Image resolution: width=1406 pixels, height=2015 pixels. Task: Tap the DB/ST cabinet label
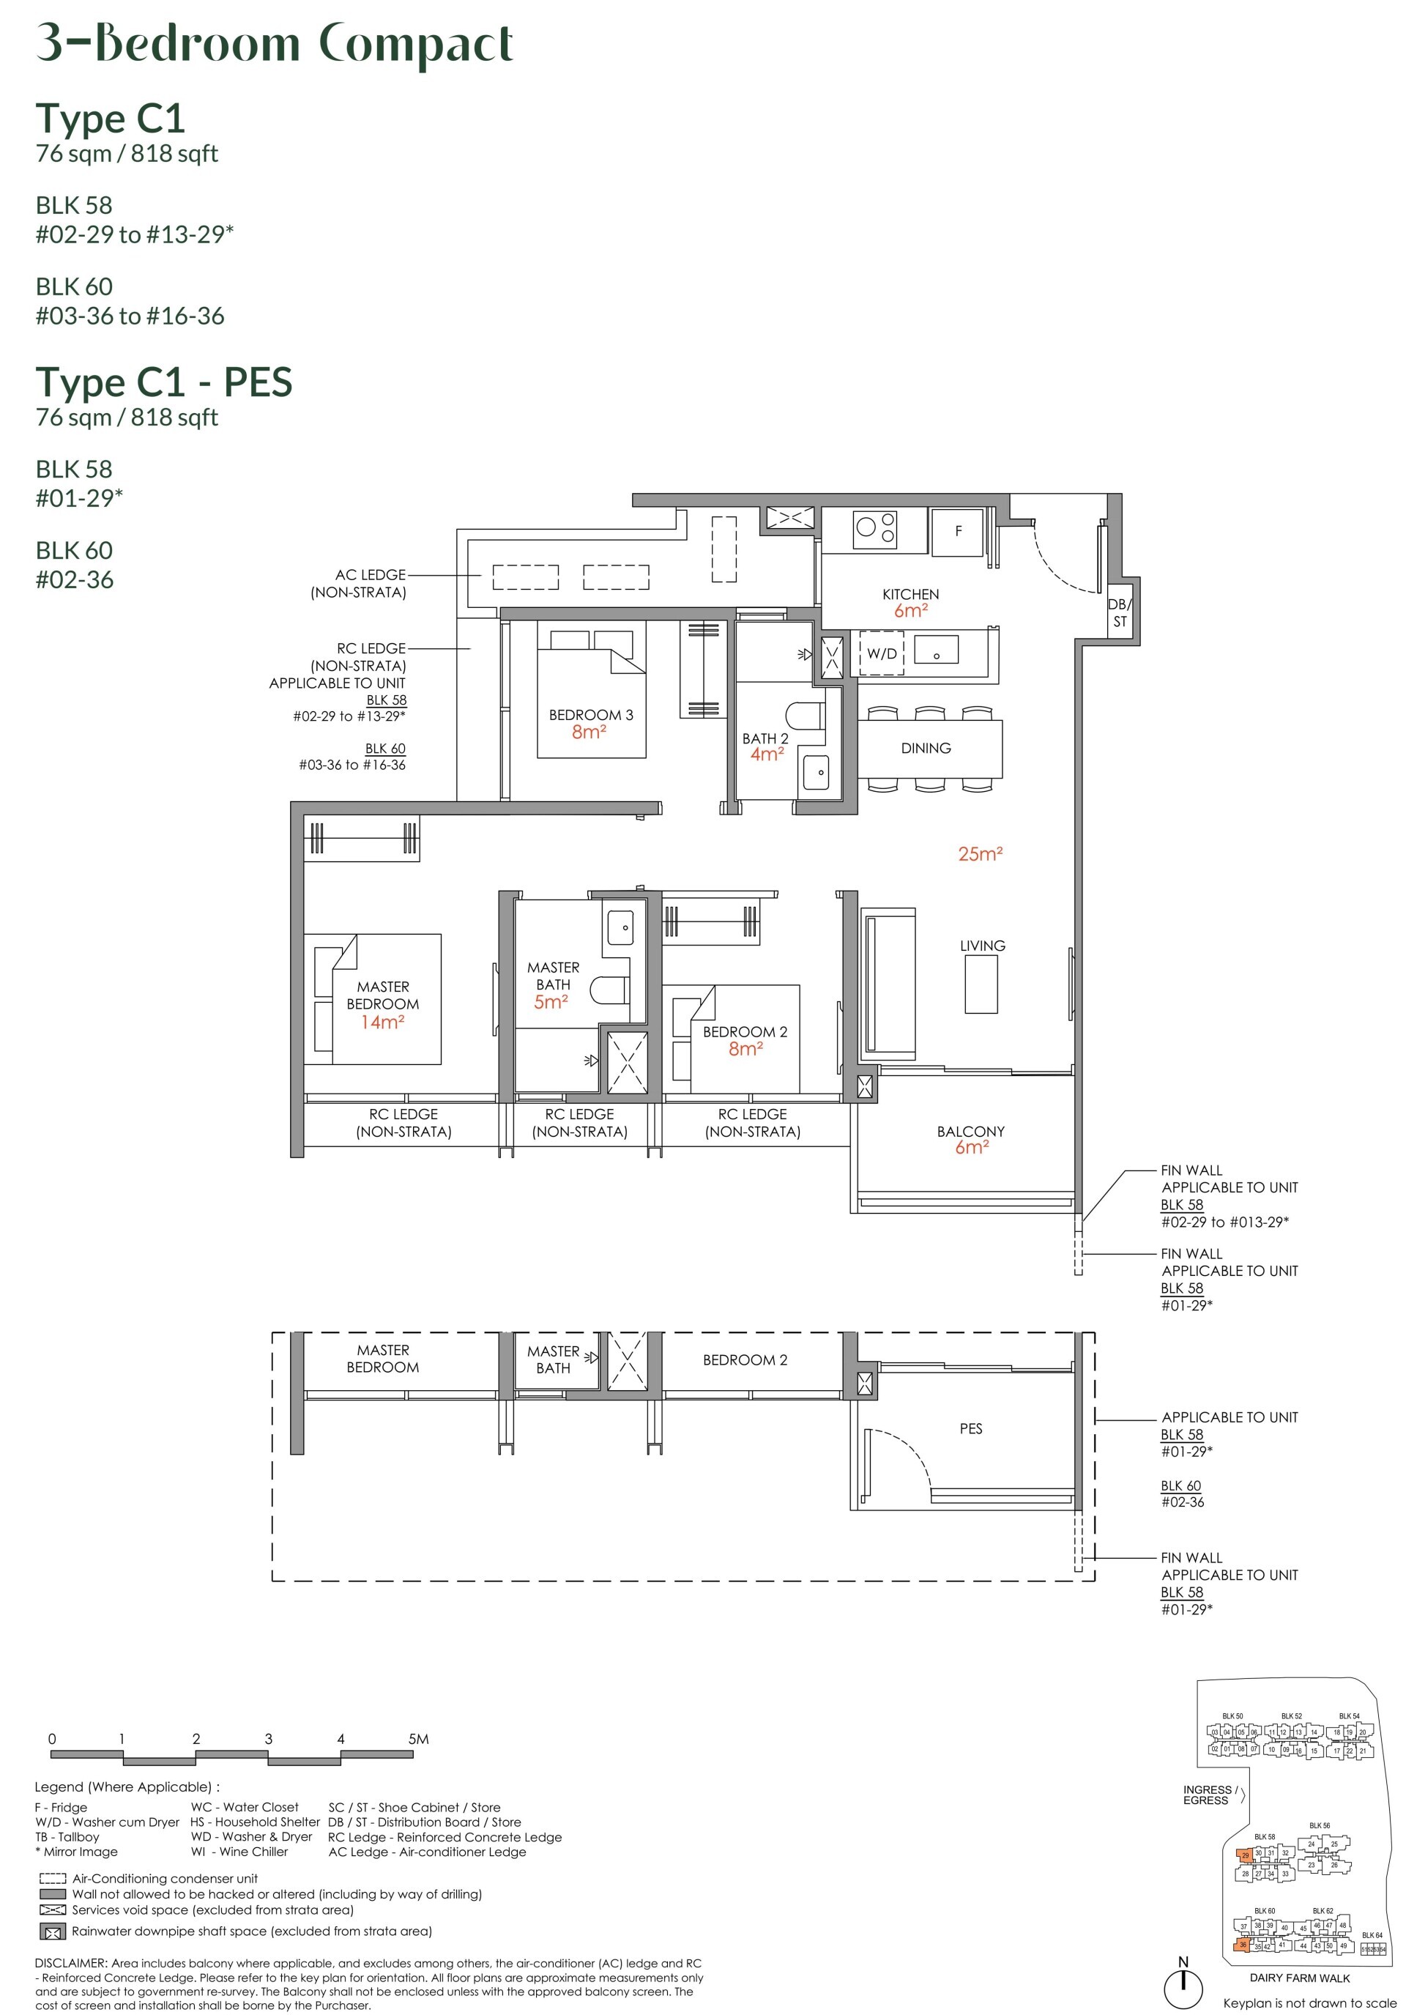point(1119,612)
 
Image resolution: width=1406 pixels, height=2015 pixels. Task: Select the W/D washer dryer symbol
point(881,653)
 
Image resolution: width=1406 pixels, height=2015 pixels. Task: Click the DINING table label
point(925,748)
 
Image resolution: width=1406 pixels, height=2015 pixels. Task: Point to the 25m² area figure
point(980,854)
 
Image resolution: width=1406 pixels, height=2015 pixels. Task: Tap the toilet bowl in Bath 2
point(805,716)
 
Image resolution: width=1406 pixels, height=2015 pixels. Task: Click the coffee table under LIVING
point(981,984)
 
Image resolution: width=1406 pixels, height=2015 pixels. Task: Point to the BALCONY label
point(970,1131)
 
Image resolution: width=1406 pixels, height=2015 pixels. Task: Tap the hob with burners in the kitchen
point(875,527)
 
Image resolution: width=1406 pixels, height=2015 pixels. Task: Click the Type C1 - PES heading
point(164,382)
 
